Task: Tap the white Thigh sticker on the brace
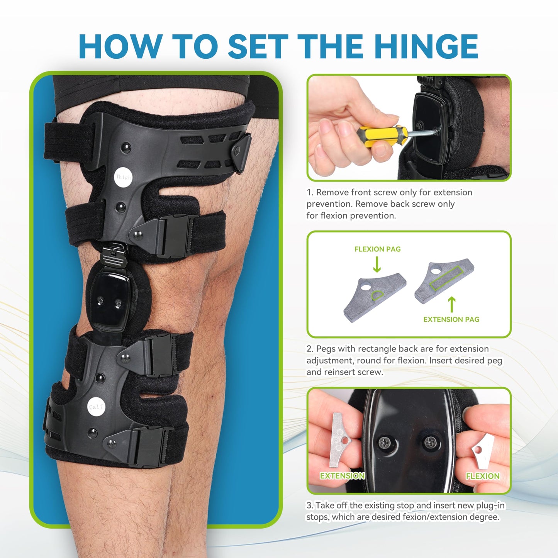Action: click(124, 177)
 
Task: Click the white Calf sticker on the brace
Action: click(96, 407)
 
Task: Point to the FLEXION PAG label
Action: click(377, 249)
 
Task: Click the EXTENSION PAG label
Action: click(451, 319)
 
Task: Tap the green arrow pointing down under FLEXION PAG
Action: click(377, 265)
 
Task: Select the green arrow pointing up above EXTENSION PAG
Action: click(451, 304)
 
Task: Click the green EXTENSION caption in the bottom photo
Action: click(342, 476)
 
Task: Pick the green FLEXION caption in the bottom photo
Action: click(482, 476)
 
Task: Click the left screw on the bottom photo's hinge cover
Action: click(385, 443)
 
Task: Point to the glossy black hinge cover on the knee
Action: click(109, 297)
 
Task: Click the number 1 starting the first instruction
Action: click(309, 192)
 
